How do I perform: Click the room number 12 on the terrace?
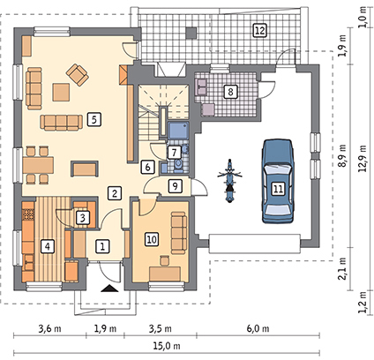coord(260,31)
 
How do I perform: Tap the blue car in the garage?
coord(278,181)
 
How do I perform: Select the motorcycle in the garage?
coord(229,181)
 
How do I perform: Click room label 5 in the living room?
coord(94,120)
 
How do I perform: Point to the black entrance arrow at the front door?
coord(109,289)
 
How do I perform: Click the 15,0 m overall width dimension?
coord(167,346)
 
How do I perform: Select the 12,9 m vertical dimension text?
coord(363,159)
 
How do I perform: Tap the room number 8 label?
coord(230,92)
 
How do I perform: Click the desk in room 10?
coord(165,274)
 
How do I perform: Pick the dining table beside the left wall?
coord(39,165)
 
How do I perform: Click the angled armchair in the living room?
coord(78,75)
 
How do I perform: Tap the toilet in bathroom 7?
coord(178,165)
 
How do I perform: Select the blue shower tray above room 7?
coord(178,131)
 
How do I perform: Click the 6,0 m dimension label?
coord(257,328)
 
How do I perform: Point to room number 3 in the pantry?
coord(83,218)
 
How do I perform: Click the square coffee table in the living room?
coord(61,92)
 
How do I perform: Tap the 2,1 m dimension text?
coord(344,268)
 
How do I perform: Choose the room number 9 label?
coord(175,186)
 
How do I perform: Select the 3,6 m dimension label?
coord(50,328)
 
